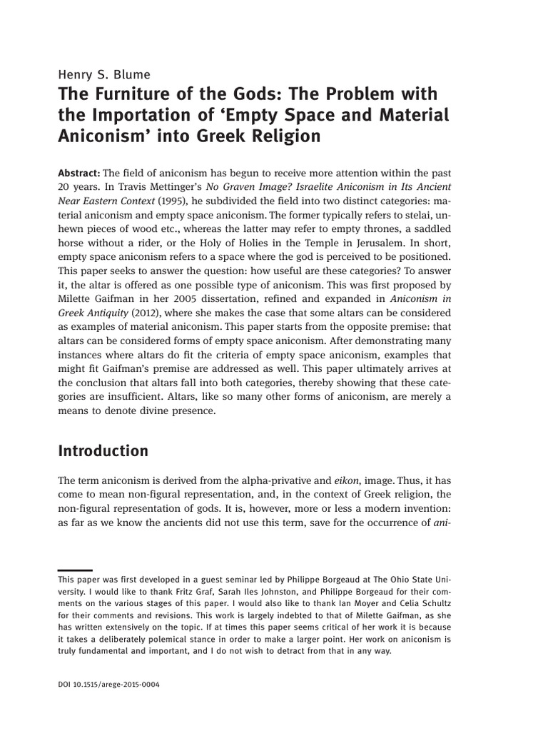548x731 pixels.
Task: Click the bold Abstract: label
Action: pos(79,173)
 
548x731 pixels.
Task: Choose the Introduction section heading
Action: pos(103,451)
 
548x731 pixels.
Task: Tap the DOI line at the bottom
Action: pos(108,685)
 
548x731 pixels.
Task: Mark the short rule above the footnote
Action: pos(75,570)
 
